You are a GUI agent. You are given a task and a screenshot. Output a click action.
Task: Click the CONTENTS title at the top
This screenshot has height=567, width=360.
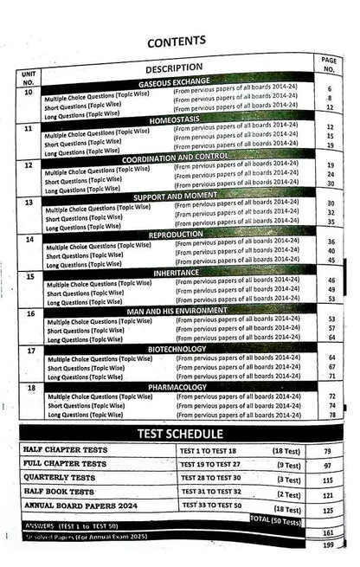click(x=176, y=40)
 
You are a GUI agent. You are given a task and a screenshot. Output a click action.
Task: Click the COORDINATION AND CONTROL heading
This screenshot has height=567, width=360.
click(x=183, y=158)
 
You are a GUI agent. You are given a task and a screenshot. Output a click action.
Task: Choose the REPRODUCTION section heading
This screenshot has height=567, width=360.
click(x=183, y=233)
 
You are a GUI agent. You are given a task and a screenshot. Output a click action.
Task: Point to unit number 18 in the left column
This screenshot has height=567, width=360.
click(x=32, y=390)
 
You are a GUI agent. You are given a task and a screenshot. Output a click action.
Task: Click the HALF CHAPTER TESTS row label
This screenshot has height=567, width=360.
click(x=72, y=450)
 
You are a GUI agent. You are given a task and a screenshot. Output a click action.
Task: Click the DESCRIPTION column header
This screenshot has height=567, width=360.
click(x=174, y=68)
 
